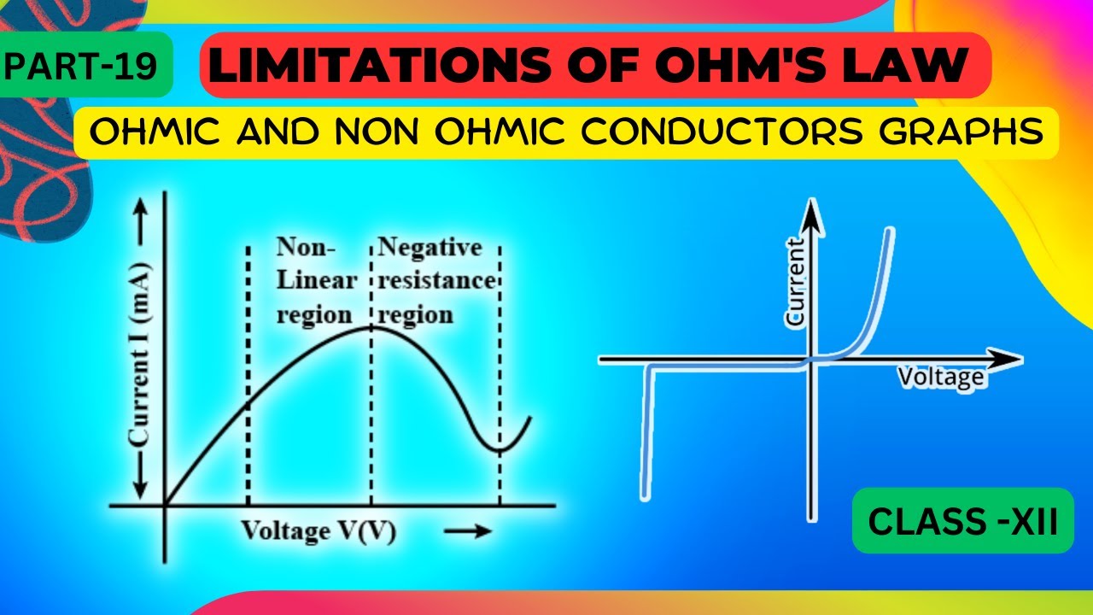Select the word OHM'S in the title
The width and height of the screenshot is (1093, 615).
[x=742, y=66]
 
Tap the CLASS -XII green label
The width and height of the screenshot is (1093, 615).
[x=962, y=521]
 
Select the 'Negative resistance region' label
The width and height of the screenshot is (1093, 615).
[x=435, y=281]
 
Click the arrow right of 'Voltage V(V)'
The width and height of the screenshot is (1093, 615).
[x=469, y=531]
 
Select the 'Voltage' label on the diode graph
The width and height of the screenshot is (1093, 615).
[x=941, y=377]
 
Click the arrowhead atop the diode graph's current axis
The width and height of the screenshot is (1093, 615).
[x=812, y=214]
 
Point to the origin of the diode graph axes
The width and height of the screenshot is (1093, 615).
[x=812, y=360]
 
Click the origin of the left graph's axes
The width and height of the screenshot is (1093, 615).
[x=164, y=503]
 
